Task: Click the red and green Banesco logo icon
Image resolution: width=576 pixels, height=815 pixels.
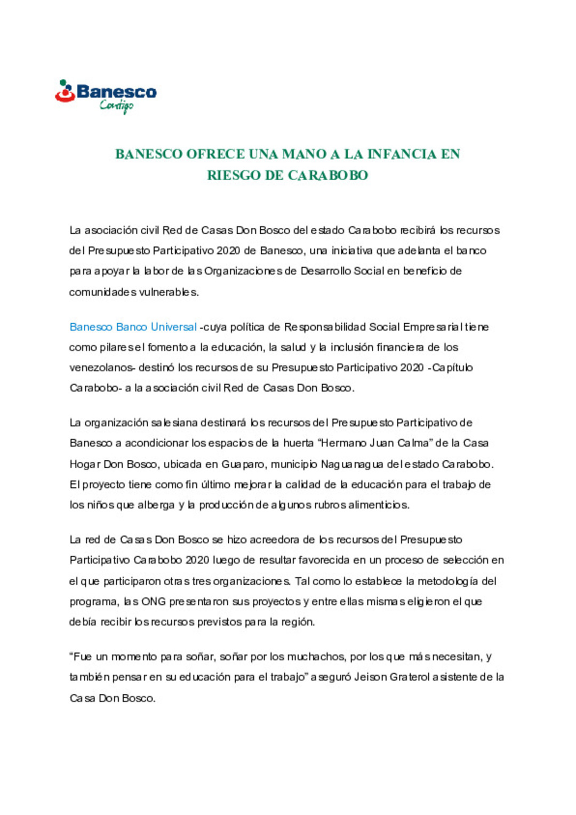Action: tap(65, 91)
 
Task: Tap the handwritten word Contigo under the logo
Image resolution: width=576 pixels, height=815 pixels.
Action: tap(116, 106)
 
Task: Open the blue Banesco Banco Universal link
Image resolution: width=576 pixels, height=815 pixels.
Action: tap(133, 327)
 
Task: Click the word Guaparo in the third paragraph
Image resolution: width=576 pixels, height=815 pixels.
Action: tap(243, 464)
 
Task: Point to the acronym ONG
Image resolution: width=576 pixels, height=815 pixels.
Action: tap(153, 602)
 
